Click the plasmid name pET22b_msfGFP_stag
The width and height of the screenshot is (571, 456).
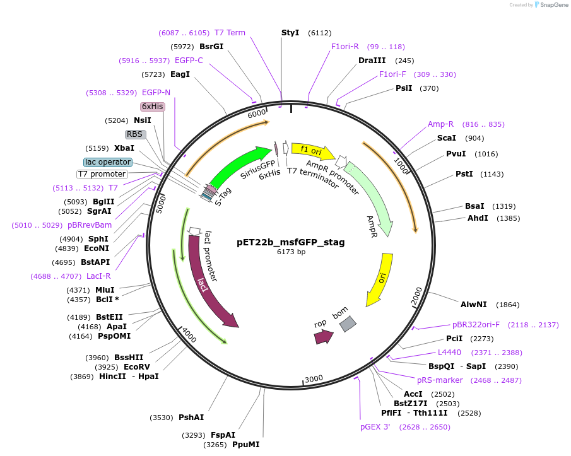pyautogui.click(x=291, y=242)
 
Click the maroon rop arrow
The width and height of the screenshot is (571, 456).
pyautogui.click(x=324, y=337)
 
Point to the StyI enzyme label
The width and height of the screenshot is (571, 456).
pyautogui.click(x=290, y=33)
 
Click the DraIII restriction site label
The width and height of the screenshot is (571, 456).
pyautogui.click(x=372, y=61)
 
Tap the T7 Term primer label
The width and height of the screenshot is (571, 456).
pyautogui.click(x=230, y=33)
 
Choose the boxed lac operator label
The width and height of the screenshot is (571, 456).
pyautogui.click(x=107, y=162)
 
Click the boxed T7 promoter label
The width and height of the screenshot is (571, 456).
pyautogui.click(x=102, y=174)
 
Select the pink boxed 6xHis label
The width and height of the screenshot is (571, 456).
pyautogui.click(x=153, y=107)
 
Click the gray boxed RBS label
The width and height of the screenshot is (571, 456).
pyautogui.click(x=135, y=134)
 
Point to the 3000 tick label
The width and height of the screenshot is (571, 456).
pyautogui.click(x=314, y=378)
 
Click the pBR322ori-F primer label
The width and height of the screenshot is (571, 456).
pyautogui.click(x=476, y=325)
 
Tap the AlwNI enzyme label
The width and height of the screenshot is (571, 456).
pyautogui.click(x=474, y=304)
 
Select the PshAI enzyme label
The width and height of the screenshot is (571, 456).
pyautogui.click(x=191, y=418)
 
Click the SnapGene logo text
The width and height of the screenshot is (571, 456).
pyautogui.click(x=551, y=5)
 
